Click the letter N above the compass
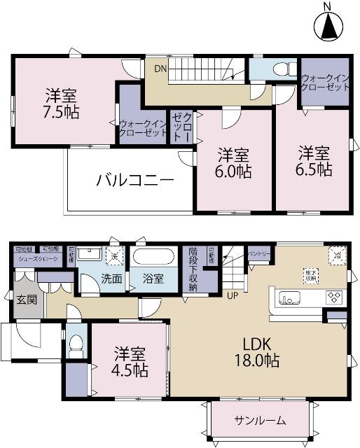point(327,7)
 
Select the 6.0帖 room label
point(233,162)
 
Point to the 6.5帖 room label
point(313,160)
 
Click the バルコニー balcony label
point(134,180)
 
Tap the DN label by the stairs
point(160,69)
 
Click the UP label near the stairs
point(230,294)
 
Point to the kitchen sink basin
point(288,299)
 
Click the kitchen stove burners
point(332,298)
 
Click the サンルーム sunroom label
point(259,421)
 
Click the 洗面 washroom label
point(111,279)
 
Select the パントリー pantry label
point(258,253)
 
